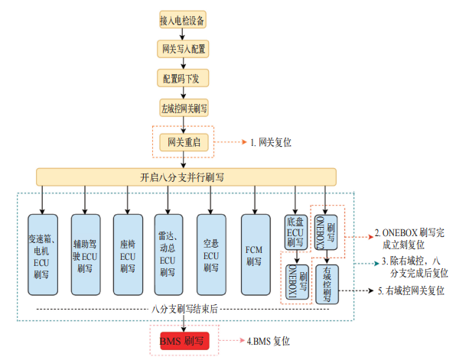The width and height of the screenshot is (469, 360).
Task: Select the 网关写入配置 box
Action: [x=183, y=49]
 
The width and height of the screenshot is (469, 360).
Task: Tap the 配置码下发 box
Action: [x=183, y=79]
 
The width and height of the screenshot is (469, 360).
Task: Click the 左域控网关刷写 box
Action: [x=183, y=108]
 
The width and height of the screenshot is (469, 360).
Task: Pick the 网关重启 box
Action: [x=183, y=141]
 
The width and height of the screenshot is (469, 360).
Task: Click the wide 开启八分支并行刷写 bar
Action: [x=182, y=177]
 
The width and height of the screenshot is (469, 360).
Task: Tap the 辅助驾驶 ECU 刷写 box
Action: [x=85, y=254]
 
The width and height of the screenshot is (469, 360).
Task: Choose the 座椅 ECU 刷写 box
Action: [x=127, y=254]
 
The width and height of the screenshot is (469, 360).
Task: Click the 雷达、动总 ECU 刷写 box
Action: [x=169, y=254]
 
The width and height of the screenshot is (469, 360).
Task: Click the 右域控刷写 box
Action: [x=327, y=283]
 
